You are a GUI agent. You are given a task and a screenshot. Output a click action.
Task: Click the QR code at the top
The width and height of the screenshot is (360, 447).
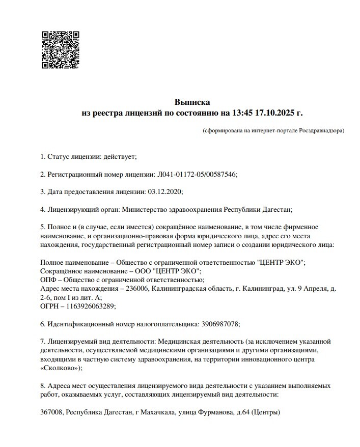(61, 50)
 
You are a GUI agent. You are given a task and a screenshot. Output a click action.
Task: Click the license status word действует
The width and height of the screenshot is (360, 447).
(120, 156)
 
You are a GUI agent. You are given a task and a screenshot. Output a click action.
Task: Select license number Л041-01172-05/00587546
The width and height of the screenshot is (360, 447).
(196, 174)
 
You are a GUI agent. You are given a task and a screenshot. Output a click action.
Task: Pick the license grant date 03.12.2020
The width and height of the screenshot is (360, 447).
(164, 192)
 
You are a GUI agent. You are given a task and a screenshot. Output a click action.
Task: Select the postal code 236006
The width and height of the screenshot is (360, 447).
(144, 289)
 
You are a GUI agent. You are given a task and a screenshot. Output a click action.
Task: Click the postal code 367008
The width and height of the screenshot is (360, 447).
(51, 412)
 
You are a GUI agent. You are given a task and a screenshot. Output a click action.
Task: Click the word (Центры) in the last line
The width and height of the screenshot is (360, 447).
(266, 412)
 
